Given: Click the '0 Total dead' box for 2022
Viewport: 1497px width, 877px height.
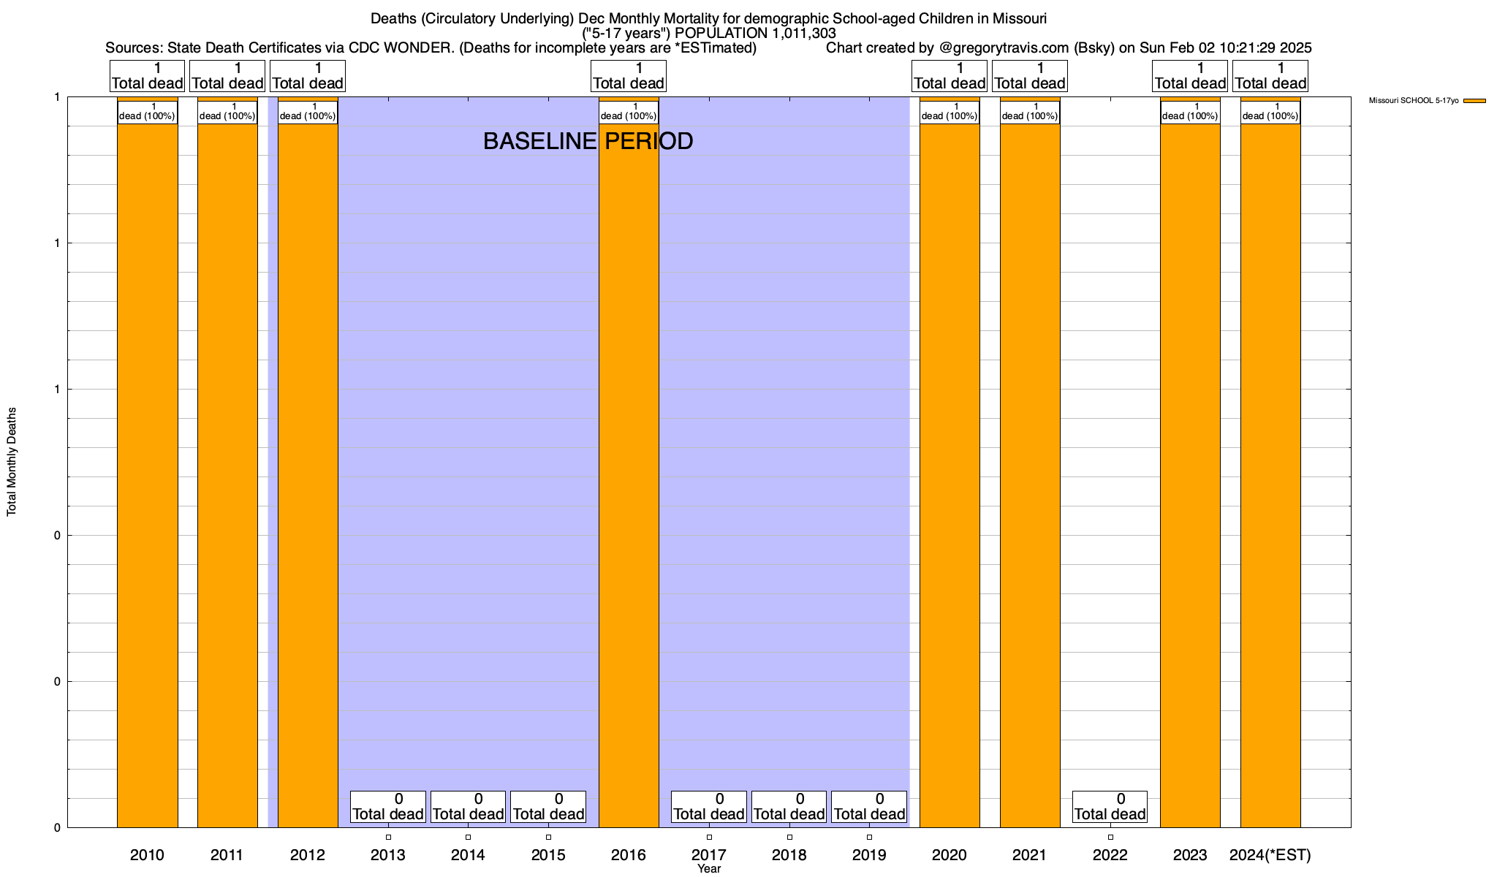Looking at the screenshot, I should point(1110,806).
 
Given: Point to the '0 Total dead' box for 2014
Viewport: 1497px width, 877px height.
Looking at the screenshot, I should point(468,806).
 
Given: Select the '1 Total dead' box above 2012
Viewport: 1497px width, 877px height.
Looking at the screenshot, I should point(307,76).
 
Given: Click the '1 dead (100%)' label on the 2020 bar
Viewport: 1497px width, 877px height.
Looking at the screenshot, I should point(950,112).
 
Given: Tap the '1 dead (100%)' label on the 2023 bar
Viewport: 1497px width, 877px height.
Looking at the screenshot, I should point(1190,112).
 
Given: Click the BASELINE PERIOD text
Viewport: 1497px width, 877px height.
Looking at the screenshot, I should point(588,141).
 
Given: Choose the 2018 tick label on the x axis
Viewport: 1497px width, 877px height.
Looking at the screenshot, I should point(789,854).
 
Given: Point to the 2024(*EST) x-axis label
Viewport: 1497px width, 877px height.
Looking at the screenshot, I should point(1270,854).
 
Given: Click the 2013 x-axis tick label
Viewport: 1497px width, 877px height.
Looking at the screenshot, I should point(388,854).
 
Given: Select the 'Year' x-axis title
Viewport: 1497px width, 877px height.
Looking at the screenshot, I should point(708,869).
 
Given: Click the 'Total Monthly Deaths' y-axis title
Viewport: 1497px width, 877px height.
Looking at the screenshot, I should point(12,462).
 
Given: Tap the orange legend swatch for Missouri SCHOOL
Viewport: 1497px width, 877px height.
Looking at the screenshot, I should point(1474,101).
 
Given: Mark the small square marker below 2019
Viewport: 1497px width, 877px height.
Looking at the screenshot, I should point(869,837).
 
